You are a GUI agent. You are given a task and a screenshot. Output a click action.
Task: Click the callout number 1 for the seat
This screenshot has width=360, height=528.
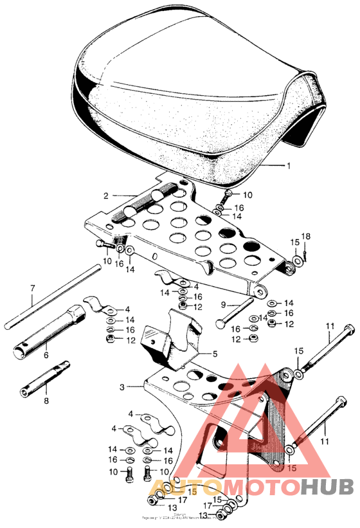288,165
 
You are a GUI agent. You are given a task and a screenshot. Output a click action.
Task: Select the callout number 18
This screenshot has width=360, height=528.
307,237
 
